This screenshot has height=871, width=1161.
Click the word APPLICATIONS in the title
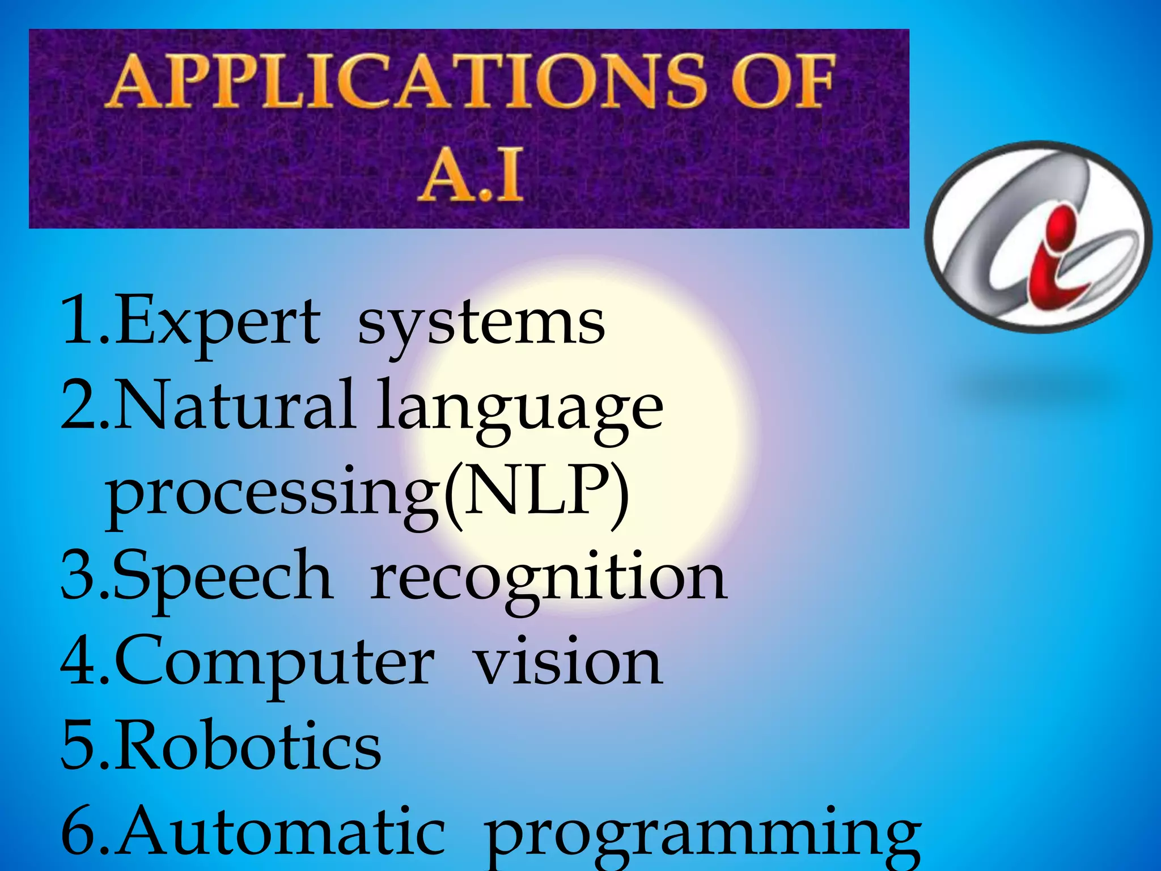click(405, 81)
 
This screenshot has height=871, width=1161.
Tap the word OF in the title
click(782, 81)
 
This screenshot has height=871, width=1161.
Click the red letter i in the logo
click(1053, 258)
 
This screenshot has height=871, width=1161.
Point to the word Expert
click(218, 322)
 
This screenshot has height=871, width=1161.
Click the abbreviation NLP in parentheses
click(536, 489)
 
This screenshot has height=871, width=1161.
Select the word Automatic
click(281, 831)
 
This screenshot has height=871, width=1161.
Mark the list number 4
click(79, 661)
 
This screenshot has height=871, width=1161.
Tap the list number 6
click(79, 831)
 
